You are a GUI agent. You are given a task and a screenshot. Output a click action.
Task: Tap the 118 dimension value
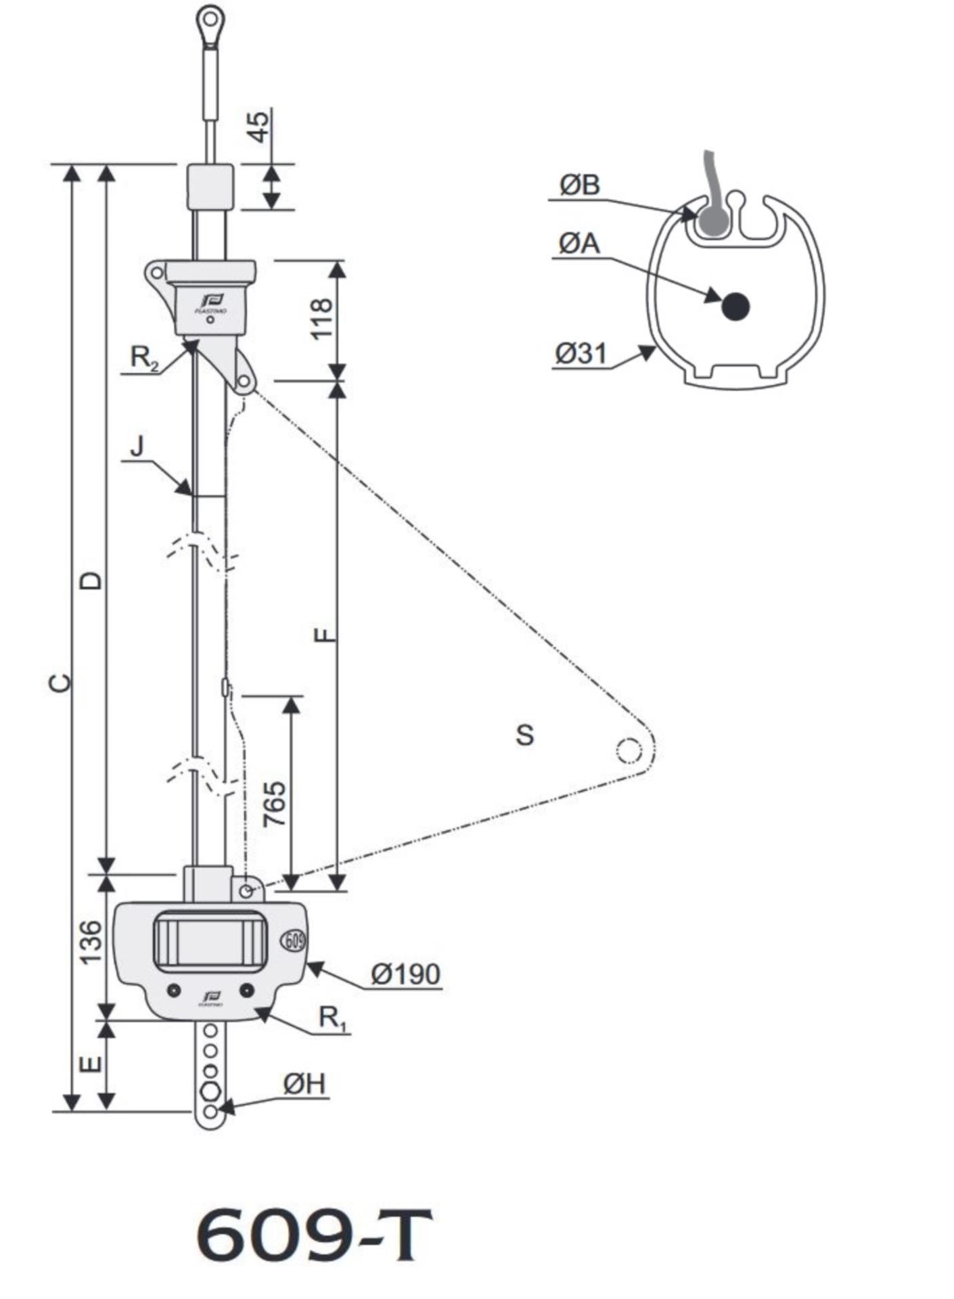click(x=322, y=318)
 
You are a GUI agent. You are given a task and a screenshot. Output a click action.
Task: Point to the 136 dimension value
click(x=91, y=942)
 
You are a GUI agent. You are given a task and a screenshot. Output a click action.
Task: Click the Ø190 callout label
click(x=405, y=974)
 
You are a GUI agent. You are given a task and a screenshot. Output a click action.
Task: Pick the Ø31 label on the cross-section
click(x=581, y=353)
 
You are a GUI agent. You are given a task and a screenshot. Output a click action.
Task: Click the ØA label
click(x=579, y=244)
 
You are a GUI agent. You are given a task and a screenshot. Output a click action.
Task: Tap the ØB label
click(x=579, y=185)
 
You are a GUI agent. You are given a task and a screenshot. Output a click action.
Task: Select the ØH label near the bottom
click(x=304, y=1085)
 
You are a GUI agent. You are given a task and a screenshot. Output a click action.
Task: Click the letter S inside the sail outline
click(x=524, y=735)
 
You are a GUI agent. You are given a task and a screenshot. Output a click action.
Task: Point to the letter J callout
click(x=137, y=447)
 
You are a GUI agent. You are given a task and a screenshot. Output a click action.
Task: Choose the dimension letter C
click(x=61, y=683)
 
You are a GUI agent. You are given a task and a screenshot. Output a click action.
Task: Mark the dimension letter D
click(x=92, y=580)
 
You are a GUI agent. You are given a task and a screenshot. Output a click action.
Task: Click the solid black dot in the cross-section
click(x=735, y=306)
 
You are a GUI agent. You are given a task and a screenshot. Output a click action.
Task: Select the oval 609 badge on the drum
click(x=293, y=940)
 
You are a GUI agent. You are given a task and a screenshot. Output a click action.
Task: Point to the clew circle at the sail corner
click(x=628, y=750)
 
